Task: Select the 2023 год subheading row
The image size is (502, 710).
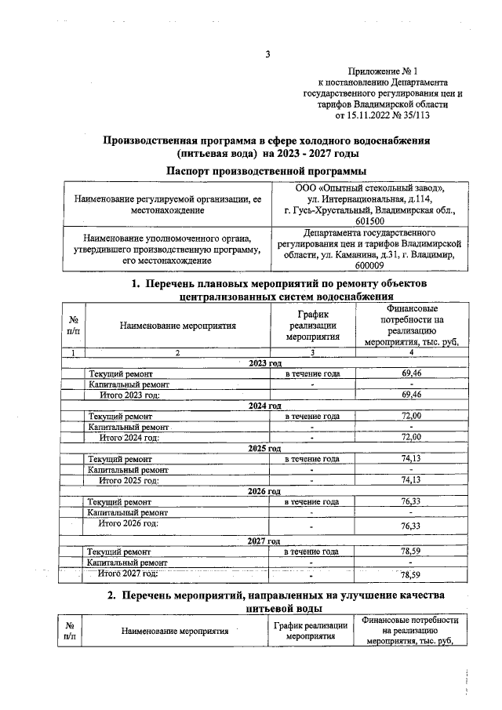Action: pyautogui.click(x=264, y=363)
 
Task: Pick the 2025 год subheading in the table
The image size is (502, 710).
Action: pyautogui.click(x=264, y=448)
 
